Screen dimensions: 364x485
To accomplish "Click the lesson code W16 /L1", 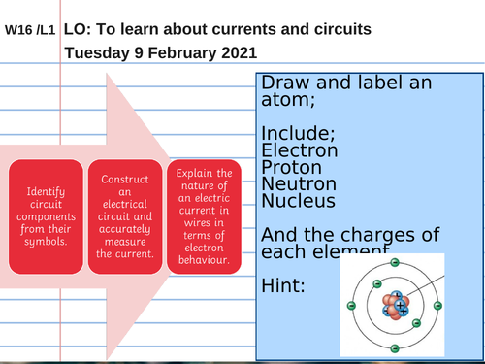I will pyautogui.click(x=30, y=30).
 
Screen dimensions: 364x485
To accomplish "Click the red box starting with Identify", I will pyautogui.click(x=47, y=215).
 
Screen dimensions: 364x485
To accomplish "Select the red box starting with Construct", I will pyautogui.click(x=125, y=215).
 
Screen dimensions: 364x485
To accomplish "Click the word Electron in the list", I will pyautogui.click(x=299, y=150).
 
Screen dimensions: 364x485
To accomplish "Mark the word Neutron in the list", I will pyautogui.click(x=298, y=184).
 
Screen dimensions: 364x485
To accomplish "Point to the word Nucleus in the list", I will pyautogui.click(x=298, y=202).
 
